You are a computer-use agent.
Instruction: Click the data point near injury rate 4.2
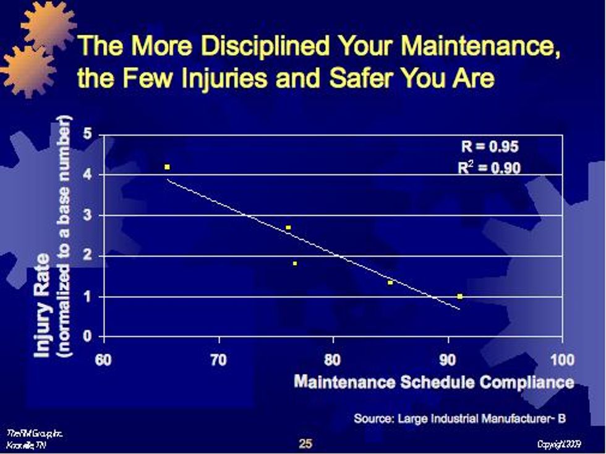tap(167, 167)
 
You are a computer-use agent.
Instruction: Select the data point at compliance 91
tap(460, 296)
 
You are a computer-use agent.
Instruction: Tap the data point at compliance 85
tap(390, 282)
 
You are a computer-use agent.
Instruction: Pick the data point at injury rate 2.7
tap(288, 227)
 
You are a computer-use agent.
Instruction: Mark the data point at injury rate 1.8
tap(295, 264)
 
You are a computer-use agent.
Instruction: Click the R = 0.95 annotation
tap(490, 147)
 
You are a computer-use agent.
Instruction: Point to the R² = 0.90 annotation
tap(490, 167)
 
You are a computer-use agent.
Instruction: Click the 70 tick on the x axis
tap(218, 360)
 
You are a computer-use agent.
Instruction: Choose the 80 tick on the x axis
tap(333, 360)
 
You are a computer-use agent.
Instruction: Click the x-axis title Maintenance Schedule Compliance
tap(433, 382)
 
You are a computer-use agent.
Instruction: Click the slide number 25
tap(305, 442)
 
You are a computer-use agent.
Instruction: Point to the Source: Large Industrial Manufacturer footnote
tap(459, 418)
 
